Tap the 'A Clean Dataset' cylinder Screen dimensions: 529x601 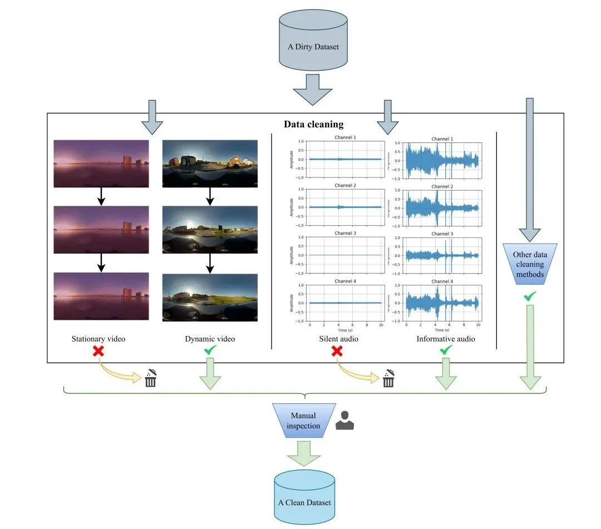(x=304, y=498)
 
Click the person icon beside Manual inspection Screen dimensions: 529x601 (x=345, y=421)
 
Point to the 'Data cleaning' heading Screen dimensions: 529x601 (x=313, y=124)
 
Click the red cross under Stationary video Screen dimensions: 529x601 (x=98, y=352)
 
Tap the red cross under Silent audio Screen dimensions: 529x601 (x=337, y=352)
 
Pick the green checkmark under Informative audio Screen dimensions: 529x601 (x=446, y=350)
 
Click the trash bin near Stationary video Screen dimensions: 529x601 (x=150, y=379)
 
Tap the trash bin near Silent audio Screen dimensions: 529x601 (x=388, y=379)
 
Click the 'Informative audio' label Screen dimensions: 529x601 (x=446, y=338)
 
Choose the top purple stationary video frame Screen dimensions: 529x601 (x=101, y=163)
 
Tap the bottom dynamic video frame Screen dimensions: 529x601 (x=210, y=296)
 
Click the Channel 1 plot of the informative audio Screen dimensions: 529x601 (x=442, y=161)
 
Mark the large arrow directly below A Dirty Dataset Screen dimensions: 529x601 (x=313, y=89)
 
